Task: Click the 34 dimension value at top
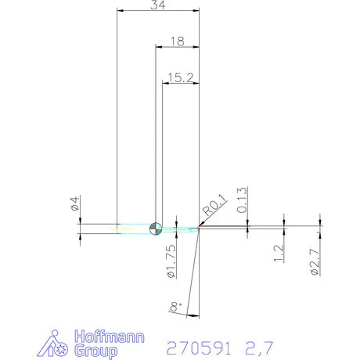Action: (x=157, y=5)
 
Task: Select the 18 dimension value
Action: (x=176, y=41)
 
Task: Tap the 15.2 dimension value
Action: (x=179, y=77)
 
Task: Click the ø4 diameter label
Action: (x=74, y=206)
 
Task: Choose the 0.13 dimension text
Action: (x=242, y=200)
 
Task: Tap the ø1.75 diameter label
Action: (x=170, y=261)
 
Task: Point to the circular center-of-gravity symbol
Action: (x=156, y=228)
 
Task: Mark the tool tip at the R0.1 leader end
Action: (x=199, y=229)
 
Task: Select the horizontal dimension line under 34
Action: (x=157, y=12)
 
